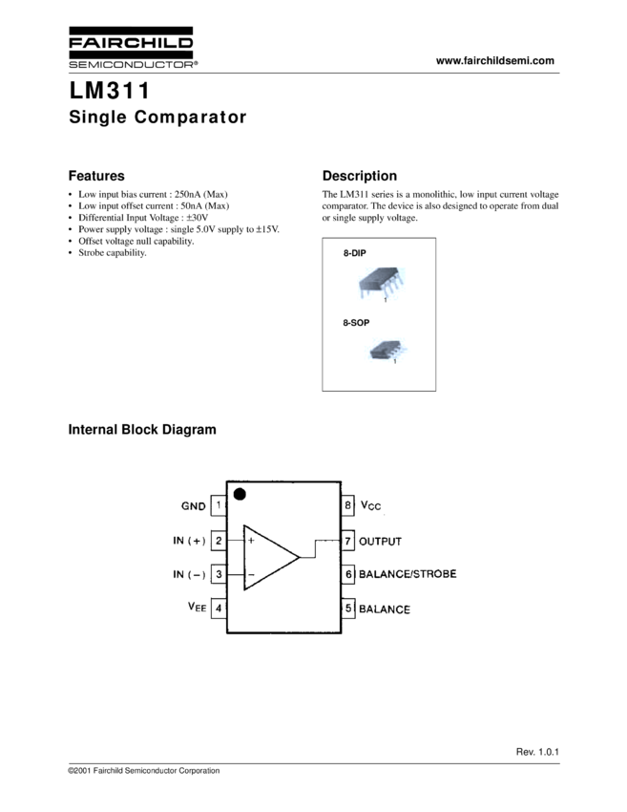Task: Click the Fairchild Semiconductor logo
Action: click(132, 48)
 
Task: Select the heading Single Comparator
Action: click(157, 118)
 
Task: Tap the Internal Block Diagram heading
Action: click(142, 430)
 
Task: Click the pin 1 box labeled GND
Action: click(219, 505)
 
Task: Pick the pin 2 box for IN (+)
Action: click(219, 541)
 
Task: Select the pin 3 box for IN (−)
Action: click(219, 574)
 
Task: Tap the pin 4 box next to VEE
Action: click(219, 609)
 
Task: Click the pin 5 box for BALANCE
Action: click(348, 609)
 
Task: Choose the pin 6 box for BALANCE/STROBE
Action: click(348, 574)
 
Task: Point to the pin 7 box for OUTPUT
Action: click(348, 541)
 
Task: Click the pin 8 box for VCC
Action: click(348, 505)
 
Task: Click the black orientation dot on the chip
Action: click(240, 494)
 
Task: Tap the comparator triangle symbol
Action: click(267, 558)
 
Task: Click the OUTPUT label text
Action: click(380, 542)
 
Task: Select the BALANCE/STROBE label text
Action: click(408, 574)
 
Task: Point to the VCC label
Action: click(371, 505)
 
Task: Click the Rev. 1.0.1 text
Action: click(537, 754)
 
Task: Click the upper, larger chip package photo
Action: click(381, 283)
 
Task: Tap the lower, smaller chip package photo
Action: click(387, 350)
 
